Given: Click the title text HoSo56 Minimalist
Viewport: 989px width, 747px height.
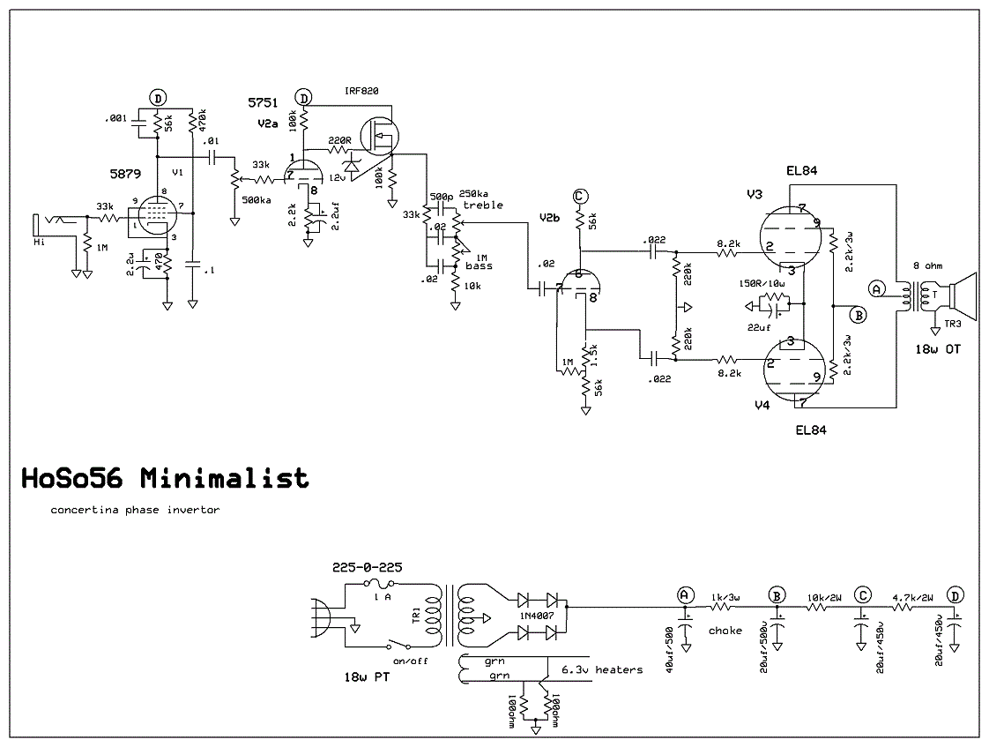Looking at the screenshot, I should pos(166,479).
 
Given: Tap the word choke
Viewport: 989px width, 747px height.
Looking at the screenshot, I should pos(725,631).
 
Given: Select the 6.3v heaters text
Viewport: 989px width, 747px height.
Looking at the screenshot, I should pos(602,669).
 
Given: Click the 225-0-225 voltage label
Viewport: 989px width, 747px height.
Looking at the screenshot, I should pos(367,567).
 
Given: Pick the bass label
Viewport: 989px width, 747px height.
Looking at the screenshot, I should pos(479,265).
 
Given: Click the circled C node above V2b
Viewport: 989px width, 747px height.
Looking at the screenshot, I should pos(579,196).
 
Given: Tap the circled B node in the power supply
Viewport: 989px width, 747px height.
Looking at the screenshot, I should pos(776,595).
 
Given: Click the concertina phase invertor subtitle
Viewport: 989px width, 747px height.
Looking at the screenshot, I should pos(135,511).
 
